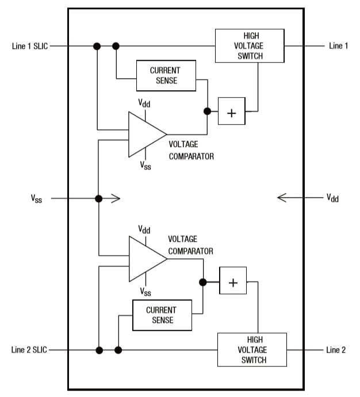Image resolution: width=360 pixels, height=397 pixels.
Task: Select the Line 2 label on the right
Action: [x=336, y=350]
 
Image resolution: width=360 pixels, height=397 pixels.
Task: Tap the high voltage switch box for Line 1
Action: [x=249, y=46]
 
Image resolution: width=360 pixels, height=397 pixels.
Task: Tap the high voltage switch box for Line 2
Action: [x=252, y=350]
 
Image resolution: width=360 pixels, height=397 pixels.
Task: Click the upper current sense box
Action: [x=166, y=75]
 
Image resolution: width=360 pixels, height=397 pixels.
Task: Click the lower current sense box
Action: [x=161, y=315]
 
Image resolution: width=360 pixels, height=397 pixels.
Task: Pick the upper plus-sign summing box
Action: [x=231, y=111]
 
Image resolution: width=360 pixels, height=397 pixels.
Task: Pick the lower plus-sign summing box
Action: [x=233, y=282]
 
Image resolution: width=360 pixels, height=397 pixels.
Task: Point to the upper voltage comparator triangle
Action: [x=144, y=134]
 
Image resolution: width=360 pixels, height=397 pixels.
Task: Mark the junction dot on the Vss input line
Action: [x=98, y=198]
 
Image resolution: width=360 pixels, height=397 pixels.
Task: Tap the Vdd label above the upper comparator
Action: [x=144, y=103]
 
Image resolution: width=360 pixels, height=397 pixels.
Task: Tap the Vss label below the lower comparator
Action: [x=145, y=292]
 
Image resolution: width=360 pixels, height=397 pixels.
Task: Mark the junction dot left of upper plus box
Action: [x=207, y=111]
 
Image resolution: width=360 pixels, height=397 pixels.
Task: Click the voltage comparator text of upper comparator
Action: [x=191, y=151]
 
